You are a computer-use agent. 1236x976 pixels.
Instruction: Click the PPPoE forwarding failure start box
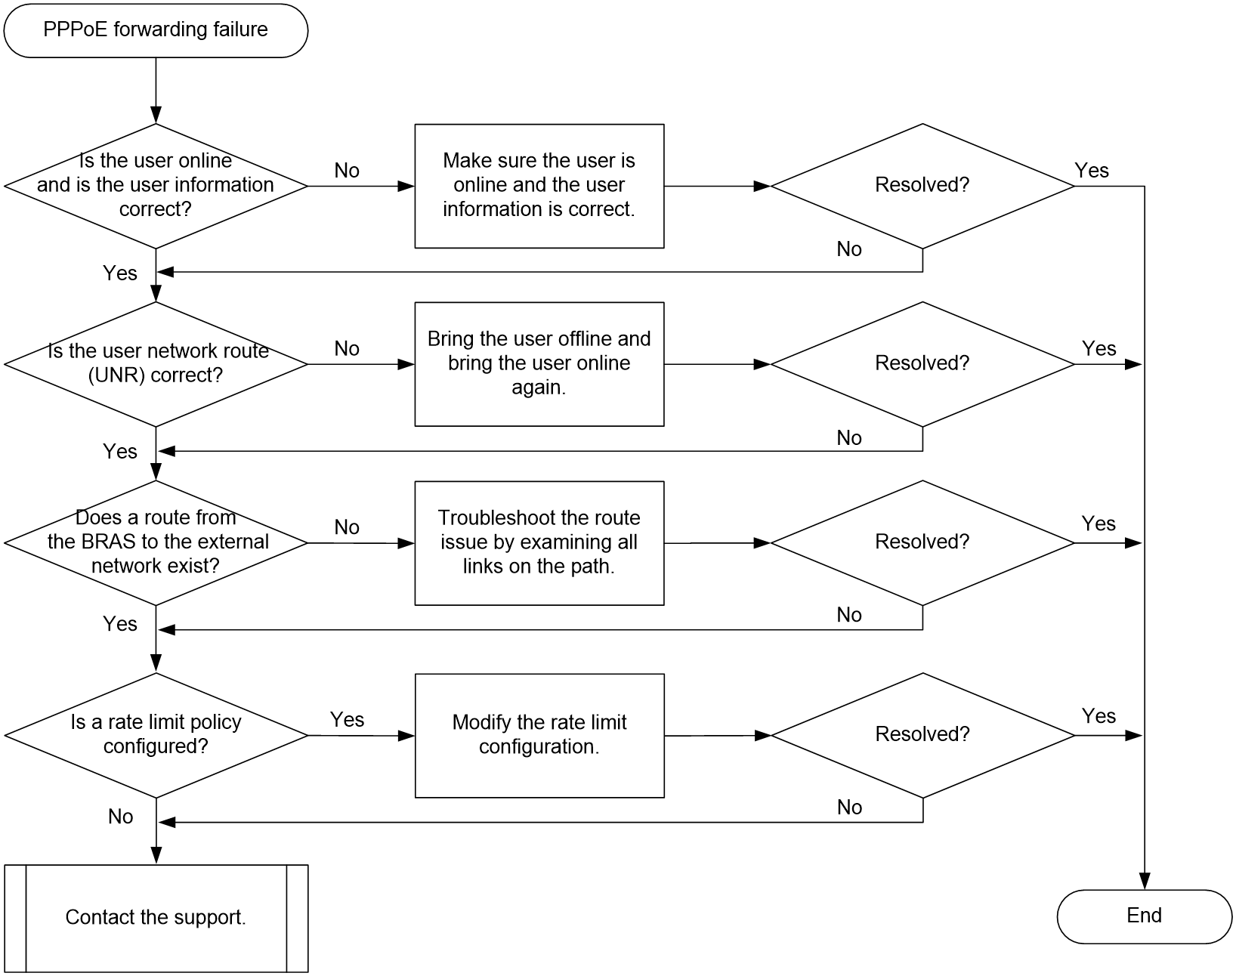pyautogui.click(x=156, y=30)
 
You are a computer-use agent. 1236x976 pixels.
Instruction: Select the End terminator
pyautogui.click(x=1144, y=916)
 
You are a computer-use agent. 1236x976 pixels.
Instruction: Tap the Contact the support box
pyautogui.click(x=156, y=918)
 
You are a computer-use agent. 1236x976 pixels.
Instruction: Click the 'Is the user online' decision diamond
pyautogui.click(x=156, y=186)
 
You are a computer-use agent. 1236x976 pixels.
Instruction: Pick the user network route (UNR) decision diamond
pyautogui.click(x=156, y=364)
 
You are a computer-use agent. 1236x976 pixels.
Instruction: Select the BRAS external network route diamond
pyautogui.click(x=156, y=543)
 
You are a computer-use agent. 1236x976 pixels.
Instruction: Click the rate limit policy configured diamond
pyautogui.click(x=156, y=735)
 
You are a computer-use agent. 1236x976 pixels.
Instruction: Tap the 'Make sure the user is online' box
pyautogui.click(x=539, y=186)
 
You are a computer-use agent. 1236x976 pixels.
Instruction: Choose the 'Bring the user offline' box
pyautogui.click(x=539, y=364)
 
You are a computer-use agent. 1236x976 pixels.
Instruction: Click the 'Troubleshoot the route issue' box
pyautogui.click(x=539, y=543)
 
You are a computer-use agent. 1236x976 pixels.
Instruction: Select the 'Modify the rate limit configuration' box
pyautogui.click(x=539, y=735)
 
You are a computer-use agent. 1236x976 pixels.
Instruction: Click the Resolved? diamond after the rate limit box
pyautogui.click(x=922, y=735)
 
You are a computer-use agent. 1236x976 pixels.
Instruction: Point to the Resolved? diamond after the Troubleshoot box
pyautogui.click(x=922, y=543)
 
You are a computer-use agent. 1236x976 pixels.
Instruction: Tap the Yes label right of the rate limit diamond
pyautogui.click(x=347, y=719)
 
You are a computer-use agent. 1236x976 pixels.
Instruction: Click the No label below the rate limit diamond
pyautogui.click(x=121, y=817)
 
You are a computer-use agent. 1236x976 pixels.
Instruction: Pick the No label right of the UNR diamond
pyautogui.click(x=347, y=348)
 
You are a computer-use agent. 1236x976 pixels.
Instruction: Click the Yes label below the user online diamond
pyautogui.click(x=120, y=273)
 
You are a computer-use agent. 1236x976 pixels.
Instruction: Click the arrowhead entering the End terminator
pyautogui.click(x=1144, y=882)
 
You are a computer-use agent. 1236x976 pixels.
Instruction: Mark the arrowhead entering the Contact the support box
pyautogui.click(x=156, y=855)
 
